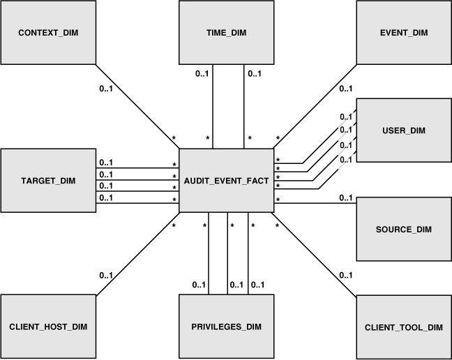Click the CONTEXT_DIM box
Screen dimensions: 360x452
coord(47,33)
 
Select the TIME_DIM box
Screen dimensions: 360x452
coord(226,33)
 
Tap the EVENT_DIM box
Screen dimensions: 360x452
coord(404,33)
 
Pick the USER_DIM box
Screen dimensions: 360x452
coord(404,130)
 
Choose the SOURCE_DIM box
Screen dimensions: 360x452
coord(404,229)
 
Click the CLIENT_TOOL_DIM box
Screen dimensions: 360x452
coord(404,327)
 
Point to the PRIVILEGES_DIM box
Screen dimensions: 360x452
coord(226,327)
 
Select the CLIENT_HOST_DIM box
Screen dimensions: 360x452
coord(47,327)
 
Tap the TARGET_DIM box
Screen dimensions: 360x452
coord(47,180)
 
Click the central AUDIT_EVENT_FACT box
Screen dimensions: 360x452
coord(226,180)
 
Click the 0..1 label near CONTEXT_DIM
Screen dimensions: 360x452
coord(105,89)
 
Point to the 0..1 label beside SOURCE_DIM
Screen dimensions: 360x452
coord(345,197)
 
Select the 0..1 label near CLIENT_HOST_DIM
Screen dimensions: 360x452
coord(106,275)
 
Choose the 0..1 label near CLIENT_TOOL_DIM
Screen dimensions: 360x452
coord(345,275)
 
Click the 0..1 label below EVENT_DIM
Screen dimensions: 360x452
coord(345,89)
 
